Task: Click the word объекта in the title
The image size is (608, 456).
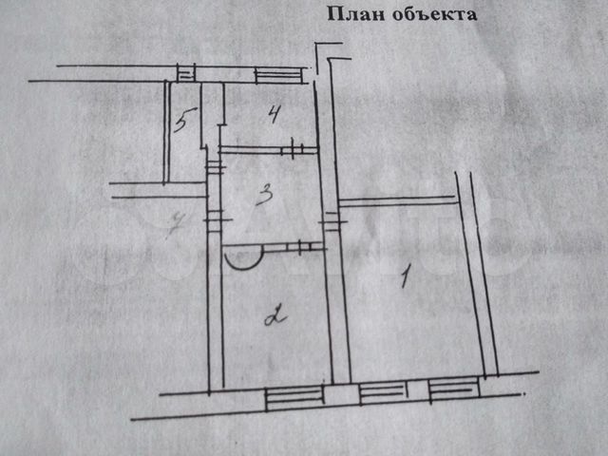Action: [x=427, y=14]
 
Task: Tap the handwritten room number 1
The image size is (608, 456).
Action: [x=405, y=277]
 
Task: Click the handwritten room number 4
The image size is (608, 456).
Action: [x=274, y=116]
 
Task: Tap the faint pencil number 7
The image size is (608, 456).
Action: [x=174, y=225]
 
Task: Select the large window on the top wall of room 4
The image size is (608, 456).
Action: [x=277, y=72]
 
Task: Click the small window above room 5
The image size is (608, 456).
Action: [x=187, y=71]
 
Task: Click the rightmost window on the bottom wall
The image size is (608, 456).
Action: [x=452, y=386]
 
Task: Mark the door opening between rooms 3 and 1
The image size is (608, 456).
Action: [x=330, y=220]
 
